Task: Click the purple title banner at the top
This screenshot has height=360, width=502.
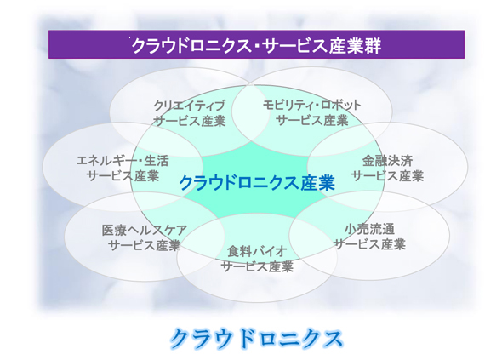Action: [x=256, y=44]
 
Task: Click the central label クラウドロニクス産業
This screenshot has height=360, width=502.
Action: [x=257, y=183]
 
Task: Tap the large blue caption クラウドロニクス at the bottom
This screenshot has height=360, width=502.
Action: [x=256, y=339]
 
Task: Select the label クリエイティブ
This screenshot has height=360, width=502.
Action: [x=190, y=106]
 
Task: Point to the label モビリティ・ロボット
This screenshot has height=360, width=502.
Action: [x=311, y=105]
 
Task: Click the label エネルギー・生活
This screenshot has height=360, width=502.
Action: [x=123, y=161]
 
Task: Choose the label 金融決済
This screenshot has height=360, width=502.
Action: [x=387, y=161]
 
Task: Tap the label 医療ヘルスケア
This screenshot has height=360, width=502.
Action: [x=145, y=230]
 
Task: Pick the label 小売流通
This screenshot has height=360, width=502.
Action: [x=369, y=229]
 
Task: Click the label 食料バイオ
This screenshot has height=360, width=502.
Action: [x=257, y=251]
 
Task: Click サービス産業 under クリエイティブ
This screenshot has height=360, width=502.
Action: [x=190, y=121]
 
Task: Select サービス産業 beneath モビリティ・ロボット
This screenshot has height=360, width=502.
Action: [x=311, y=121]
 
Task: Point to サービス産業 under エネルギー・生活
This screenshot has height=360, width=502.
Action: [x=123, y=176]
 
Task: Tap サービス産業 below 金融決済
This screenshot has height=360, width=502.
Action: [x=387, y=176]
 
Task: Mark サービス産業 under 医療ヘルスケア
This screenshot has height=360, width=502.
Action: [x=145, y=245]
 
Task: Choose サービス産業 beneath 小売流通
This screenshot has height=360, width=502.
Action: [x=369, y=244]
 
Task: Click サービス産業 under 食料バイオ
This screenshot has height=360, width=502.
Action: [x=257, y=266]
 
